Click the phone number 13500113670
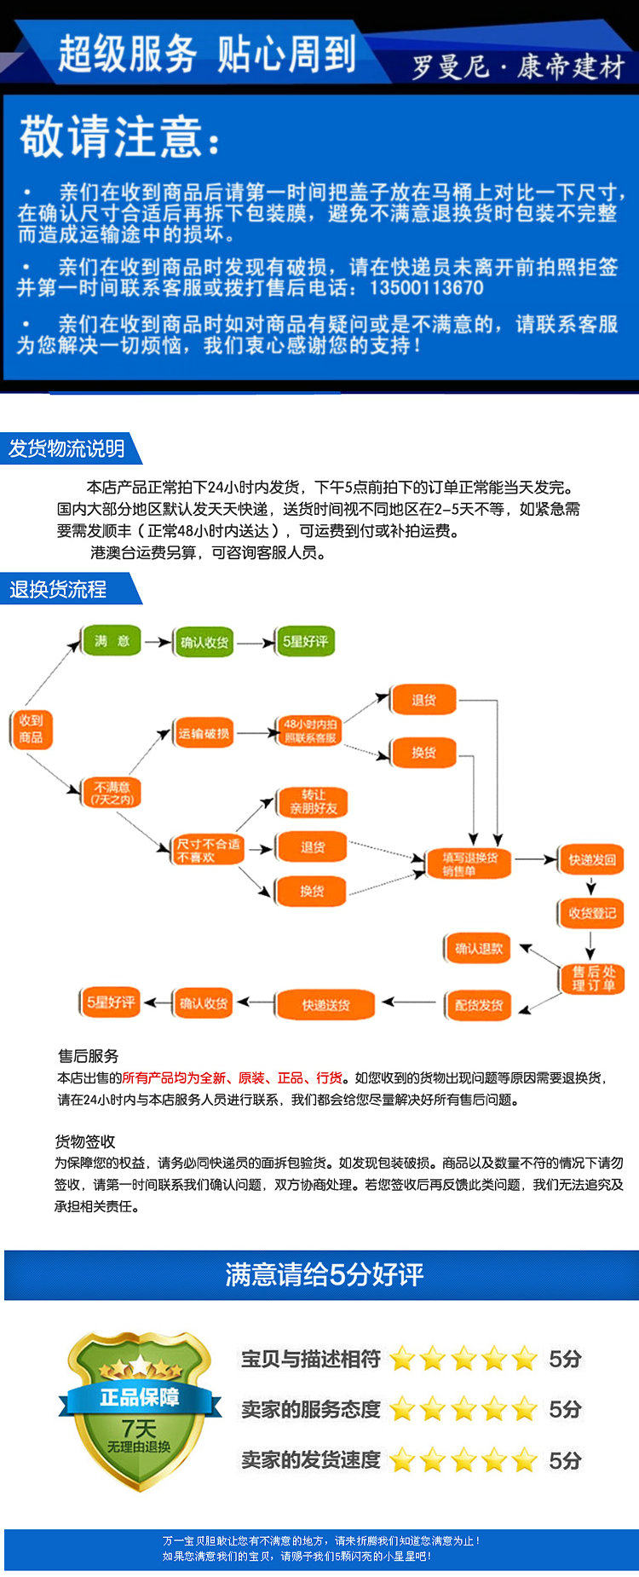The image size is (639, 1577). click(426, 287)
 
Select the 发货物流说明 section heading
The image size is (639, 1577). click(67, 448)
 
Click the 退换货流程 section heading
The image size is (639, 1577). click(58, 589)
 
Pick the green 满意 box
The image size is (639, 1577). click(112, 641)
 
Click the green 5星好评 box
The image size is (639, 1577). click(305, 642)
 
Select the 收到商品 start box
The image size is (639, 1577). click(31, 729)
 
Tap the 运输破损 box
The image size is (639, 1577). click(204, 733)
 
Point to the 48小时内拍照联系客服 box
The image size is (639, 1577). click(310, 731)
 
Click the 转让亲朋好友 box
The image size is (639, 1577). click(313, 801)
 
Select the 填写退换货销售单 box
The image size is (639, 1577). click(469, 864)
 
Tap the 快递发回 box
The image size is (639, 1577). click(592, 859)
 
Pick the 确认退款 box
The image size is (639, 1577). click(478, 948)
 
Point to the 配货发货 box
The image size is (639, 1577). click(478, 1005)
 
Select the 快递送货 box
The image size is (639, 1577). click(325, 1005)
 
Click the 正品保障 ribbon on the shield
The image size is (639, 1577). click(139, 1397)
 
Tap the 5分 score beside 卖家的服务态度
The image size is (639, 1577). click(565, 1409)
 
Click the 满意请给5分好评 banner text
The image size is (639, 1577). click(324, 1274)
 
